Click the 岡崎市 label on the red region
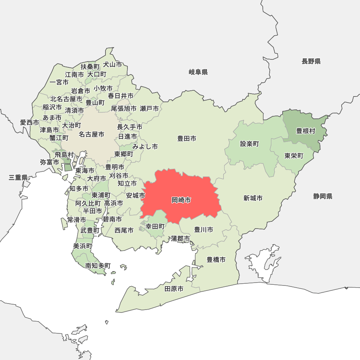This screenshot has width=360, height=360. (181, 200)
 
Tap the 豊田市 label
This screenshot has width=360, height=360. (187, 138)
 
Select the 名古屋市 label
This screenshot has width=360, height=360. (91, 134)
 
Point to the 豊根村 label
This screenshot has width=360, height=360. (306, 131)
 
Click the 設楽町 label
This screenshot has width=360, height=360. (249, 144)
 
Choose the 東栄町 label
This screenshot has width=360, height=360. (294, 156)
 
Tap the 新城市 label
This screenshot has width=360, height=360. (253, 198)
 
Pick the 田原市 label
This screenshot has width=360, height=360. (174, 289)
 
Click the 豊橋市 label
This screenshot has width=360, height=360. (216, 260)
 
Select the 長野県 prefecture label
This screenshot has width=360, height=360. (311, 61)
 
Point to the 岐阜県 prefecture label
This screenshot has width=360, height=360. (198, 72)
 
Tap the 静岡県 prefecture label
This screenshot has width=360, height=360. (323, 196)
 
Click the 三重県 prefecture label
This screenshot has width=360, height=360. (18, 177)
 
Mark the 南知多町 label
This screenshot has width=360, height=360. (98, 266)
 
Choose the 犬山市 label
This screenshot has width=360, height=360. (113, 64)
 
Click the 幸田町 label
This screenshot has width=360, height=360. (155, 226)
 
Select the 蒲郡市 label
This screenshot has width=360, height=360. (180, 238)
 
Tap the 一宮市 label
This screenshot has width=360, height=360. (59, 82)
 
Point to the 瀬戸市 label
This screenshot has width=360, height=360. (149, 108)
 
